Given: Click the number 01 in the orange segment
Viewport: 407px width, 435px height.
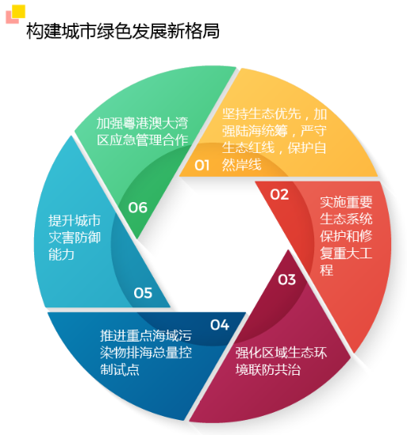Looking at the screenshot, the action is coord(202,166).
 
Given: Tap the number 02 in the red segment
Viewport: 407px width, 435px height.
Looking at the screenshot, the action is coord(279,194).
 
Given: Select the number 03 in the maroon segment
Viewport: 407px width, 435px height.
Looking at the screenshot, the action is coord(287,280).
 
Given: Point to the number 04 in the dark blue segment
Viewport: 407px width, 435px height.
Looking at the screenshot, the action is coord(220,325).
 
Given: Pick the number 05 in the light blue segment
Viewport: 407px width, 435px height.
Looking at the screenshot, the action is coord(143,293).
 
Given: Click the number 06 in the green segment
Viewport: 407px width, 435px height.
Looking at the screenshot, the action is coord(137,208).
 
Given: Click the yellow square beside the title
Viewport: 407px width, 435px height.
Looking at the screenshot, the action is coord(18,12).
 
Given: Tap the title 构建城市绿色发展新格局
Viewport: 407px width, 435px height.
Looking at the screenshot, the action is coord(123,31).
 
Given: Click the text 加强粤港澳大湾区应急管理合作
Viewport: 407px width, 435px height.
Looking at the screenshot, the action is coord(142,132).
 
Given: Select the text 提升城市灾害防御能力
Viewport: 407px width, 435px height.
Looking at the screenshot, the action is coord(75,238).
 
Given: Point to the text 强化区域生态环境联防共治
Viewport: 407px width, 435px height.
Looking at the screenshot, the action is coord(281,361).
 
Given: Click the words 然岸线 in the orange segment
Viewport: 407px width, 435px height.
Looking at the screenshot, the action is coord(241,165).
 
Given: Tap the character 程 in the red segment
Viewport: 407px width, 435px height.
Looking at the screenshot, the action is coord(326,270).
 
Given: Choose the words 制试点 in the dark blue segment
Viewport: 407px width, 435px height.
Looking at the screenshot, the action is coord(120,369).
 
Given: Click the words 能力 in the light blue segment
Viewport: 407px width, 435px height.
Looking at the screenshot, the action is coord(61,254).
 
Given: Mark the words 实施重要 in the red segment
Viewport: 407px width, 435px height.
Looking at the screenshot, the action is coord(346,202).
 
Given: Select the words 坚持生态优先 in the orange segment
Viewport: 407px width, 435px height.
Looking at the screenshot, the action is coord(262,114).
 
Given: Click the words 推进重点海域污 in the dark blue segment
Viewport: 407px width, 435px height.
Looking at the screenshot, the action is coord(146,336).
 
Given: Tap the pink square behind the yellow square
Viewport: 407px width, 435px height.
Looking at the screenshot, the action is coord(10,18).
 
